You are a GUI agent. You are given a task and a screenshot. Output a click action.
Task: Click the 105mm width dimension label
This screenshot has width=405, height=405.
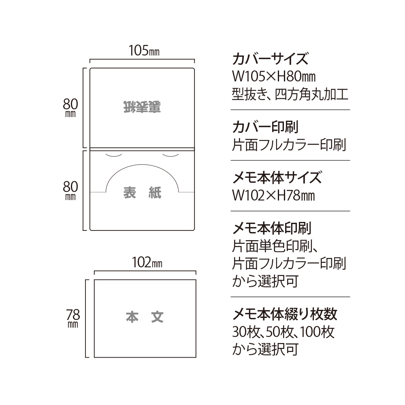tap(144, 51)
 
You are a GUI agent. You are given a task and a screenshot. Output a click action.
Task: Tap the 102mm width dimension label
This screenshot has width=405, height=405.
tap(147, 262)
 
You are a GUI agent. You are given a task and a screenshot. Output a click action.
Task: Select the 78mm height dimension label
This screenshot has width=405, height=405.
tap(73, 318)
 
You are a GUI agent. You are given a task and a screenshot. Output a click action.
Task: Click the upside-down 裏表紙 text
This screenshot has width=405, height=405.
tap(142, 107)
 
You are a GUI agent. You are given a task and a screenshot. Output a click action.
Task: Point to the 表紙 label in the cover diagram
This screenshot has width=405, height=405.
tap(142, 192)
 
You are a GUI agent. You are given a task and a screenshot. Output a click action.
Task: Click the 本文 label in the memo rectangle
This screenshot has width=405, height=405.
tap(145, 317)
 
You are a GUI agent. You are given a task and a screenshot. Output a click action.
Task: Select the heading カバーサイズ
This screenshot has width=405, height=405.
tap(270, 59)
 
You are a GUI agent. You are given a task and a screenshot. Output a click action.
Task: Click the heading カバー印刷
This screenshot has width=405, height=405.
tap(265, 127)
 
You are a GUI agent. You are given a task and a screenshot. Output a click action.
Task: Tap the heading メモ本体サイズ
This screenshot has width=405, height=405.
tap(277, 177)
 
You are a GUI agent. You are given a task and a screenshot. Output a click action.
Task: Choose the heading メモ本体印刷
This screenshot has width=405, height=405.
tap(272, 228)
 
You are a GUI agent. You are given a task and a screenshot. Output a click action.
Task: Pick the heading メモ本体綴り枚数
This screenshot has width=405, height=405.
tap(285, 314)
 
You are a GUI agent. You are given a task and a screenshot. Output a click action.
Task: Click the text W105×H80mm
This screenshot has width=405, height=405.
tap(274, 76)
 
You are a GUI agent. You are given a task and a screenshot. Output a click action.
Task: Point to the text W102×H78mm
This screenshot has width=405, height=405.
tap(273, 196)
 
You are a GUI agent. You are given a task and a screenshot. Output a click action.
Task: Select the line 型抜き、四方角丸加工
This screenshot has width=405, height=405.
tap(290, 94)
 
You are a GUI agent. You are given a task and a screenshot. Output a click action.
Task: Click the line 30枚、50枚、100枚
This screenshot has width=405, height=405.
tap(283, 332)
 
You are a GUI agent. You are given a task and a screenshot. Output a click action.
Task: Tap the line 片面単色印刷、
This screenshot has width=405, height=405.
tap(275, 246)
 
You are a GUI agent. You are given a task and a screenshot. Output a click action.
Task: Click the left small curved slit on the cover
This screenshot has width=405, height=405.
tap(114, 156)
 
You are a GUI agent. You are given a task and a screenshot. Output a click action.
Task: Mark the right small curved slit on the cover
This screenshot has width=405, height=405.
tap(171, 156)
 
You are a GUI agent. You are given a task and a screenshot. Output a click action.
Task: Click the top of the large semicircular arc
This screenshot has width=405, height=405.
tap(142, 165)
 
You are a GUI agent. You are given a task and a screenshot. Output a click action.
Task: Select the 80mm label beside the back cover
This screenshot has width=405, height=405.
tap(70, 108)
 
